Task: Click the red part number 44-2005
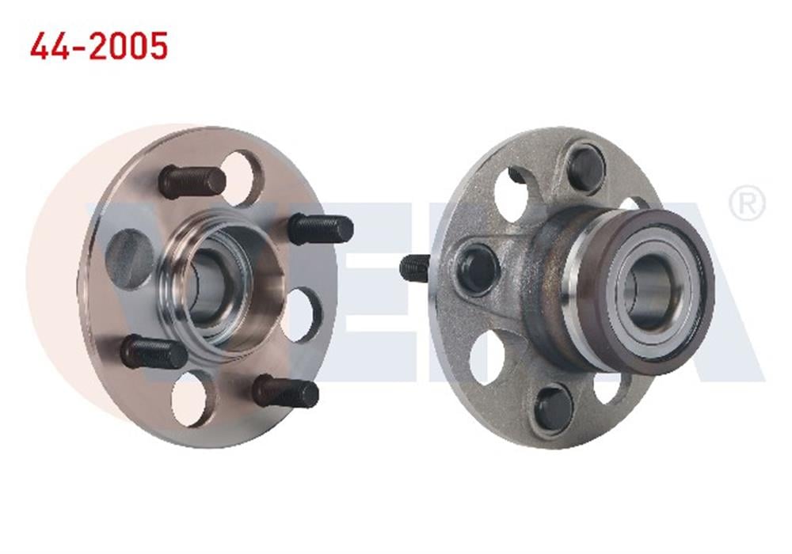tap(99, 47)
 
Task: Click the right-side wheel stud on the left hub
tap(320, 229)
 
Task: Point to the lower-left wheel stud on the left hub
tap(154, 351)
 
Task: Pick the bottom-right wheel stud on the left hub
tap(286, 391)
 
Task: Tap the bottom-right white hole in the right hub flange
tap(610, 388)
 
